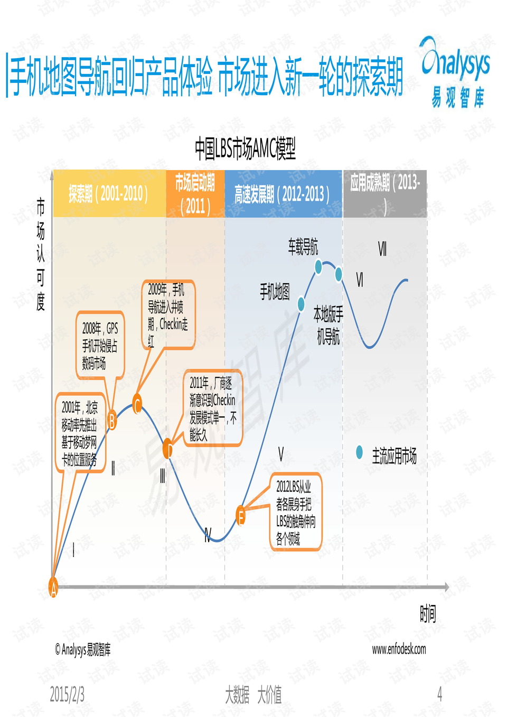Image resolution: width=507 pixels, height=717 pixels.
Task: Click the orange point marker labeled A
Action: (53, 587)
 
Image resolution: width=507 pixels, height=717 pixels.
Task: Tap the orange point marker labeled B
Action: (112, 420)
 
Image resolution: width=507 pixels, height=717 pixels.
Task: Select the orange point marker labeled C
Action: (137, 404)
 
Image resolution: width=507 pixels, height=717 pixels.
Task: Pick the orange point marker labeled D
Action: (168, 449)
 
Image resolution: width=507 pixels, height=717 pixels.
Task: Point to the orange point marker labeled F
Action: (241, 515)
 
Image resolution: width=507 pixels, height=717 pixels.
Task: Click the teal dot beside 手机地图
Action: (301, 304)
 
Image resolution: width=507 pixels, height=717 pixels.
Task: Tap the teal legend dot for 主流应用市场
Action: (360, 452)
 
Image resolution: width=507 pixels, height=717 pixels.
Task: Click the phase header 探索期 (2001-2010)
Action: (109, 194)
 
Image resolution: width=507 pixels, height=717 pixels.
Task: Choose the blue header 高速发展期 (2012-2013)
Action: (283, 194)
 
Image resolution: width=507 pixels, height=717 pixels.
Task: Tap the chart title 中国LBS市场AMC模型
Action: (245, 148)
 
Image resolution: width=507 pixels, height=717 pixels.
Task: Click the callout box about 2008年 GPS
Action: (100, 346)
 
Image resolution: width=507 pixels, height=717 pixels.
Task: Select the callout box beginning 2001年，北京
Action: (80, 433)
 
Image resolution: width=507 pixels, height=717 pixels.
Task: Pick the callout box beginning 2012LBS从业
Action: (296, 511)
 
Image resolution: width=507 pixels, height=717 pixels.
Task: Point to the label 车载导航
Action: (303, 246)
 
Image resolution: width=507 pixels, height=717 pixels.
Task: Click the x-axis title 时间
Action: (428, 613)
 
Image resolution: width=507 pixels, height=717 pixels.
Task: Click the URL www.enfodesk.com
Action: (399, 649)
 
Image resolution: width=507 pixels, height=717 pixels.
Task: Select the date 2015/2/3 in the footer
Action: (67, 694)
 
